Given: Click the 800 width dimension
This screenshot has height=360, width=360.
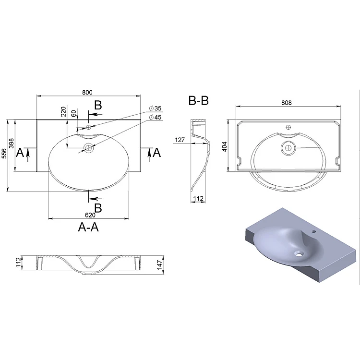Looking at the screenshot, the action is click(87, 92).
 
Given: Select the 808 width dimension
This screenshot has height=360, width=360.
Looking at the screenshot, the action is click(287, 103).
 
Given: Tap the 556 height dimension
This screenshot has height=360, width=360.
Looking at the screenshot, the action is click(4, 154).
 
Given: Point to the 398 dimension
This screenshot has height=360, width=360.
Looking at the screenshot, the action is click(11, 143).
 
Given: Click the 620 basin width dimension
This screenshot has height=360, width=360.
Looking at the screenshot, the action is click(90, 215).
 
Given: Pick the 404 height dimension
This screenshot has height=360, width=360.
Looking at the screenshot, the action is click(224, 147).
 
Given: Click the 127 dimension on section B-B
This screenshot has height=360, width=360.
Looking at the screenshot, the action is click(180, 140).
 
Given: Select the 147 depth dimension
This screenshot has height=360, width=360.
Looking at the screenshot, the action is click(159, 265).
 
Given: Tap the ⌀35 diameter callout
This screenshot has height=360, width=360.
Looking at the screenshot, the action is click(155, 108).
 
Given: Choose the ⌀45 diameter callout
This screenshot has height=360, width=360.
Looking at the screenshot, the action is click(155, 117).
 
